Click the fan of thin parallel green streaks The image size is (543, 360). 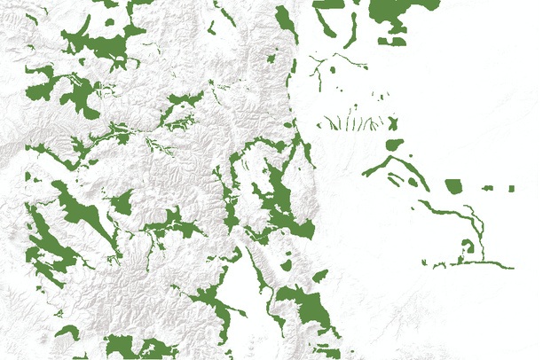350,122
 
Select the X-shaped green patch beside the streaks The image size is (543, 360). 394,124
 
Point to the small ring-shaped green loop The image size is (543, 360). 467,247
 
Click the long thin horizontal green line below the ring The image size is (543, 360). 484,263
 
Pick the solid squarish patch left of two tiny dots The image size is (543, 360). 453,186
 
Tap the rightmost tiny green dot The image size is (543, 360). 511,189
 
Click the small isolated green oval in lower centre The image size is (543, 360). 287,264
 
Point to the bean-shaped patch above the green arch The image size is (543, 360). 394,144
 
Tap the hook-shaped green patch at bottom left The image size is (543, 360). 67,333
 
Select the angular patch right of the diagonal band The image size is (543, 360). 122,205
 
